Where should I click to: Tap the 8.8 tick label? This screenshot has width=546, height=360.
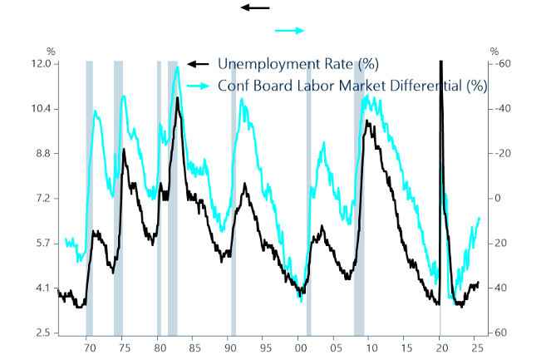pos(42,154)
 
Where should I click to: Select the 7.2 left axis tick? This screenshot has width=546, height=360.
pos(42,199)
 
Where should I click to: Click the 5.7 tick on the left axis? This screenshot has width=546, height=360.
pos(42,244)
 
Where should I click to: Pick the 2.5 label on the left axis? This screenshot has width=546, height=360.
pos(42,333)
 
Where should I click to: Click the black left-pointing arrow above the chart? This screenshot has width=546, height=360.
pos(255,7)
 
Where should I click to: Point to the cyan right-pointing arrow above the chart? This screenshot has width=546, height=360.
pos(291,30)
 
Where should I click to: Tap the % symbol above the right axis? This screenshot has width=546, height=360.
pos(494,52)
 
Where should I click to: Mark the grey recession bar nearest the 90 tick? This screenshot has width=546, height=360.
pos(234,198)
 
